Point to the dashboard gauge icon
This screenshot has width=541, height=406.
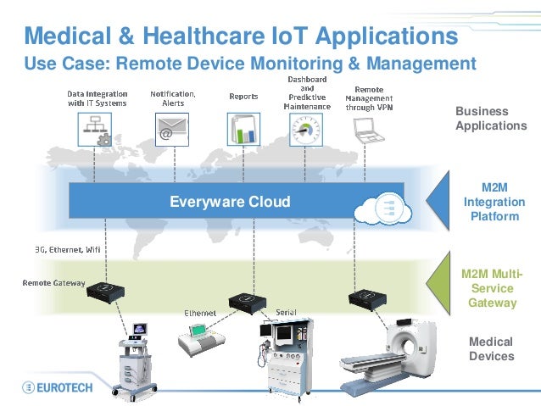pos(308,132)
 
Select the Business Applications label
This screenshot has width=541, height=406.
pos(491,119)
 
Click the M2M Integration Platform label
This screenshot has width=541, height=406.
pos(494,202)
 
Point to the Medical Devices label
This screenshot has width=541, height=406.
pos(491,348)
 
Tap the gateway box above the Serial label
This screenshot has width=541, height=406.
pos(246,301)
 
